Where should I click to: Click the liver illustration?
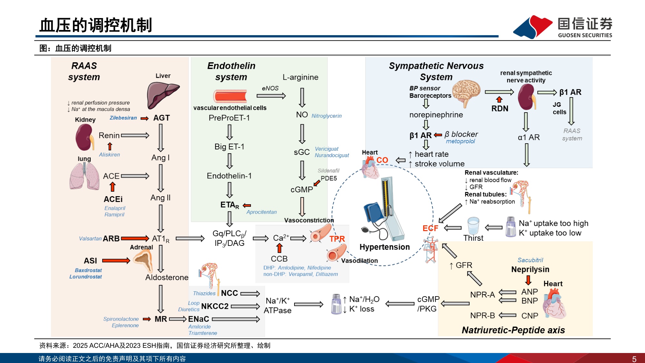tap(162, 95)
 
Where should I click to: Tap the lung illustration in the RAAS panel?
tap(84, 176)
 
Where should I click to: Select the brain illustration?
tap(466, 93)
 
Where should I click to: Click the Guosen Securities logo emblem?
tap(532, 27)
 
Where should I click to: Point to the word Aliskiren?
tap(109, 155)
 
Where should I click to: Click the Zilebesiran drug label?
tap(123, 118)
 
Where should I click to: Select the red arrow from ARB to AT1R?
tap(135, 238)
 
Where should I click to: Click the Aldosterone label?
tap(167, 277)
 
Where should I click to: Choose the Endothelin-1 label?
tap(229, 176)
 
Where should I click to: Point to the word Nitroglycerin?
tap(326, 116)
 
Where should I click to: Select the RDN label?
tap(500, 109)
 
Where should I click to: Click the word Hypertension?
tap(384, 247)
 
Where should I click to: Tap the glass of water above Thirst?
tap(473, 225)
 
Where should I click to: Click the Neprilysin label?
tap(530, 269)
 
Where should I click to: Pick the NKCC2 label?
tap(215, 306)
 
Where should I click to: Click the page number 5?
tap(634, 359)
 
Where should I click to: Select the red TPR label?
tap(337, 239)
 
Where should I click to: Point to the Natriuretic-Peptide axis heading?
tap(513, 330)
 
